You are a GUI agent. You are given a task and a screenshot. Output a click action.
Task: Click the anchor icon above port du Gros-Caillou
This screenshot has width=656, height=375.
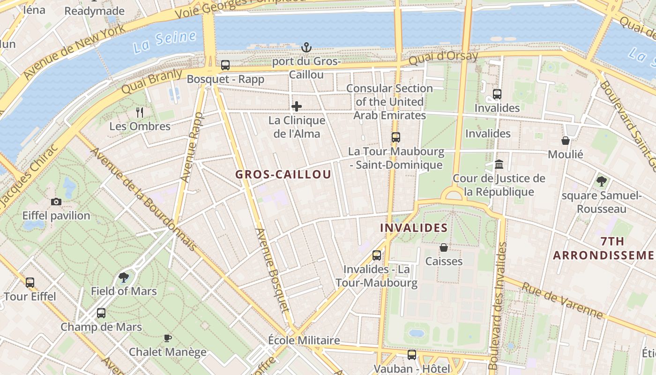[306, 47]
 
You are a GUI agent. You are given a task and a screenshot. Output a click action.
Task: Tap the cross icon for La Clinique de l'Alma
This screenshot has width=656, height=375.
[297, 107]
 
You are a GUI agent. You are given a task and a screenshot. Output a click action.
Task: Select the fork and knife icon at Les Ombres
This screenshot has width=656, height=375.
[139, 112]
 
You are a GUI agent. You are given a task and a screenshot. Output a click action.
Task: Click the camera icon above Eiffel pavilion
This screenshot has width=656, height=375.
[56, 202]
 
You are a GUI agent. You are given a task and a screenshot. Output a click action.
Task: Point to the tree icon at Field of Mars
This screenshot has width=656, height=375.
[124, 277]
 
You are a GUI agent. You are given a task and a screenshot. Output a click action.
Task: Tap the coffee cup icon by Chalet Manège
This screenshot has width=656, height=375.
[167, 338]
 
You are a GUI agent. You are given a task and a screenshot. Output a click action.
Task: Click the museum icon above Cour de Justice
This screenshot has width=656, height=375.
[499, 165]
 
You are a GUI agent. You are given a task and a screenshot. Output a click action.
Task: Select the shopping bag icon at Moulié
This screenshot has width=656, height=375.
[566, 141]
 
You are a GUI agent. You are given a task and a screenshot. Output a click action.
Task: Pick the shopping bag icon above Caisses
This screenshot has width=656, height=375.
[443, 247]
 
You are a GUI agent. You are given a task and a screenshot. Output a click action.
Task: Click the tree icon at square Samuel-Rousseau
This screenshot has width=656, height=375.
[601, 181]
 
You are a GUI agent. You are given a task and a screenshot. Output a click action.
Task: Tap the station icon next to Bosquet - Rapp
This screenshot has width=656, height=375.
[225, 66]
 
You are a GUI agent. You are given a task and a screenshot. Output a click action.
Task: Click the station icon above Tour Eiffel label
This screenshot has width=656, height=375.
[30, 283]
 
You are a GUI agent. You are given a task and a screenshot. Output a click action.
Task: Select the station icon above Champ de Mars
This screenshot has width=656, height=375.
[101, 313]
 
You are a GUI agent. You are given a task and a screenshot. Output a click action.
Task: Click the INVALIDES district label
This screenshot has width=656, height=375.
[414, 228]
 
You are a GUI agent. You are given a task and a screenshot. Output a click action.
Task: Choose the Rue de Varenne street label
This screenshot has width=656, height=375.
[562, 300]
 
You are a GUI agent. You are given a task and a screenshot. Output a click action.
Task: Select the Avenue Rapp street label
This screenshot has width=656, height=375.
[192, 148]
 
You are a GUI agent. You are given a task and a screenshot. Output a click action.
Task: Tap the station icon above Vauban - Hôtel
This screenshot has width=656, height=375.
[412, 355]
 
